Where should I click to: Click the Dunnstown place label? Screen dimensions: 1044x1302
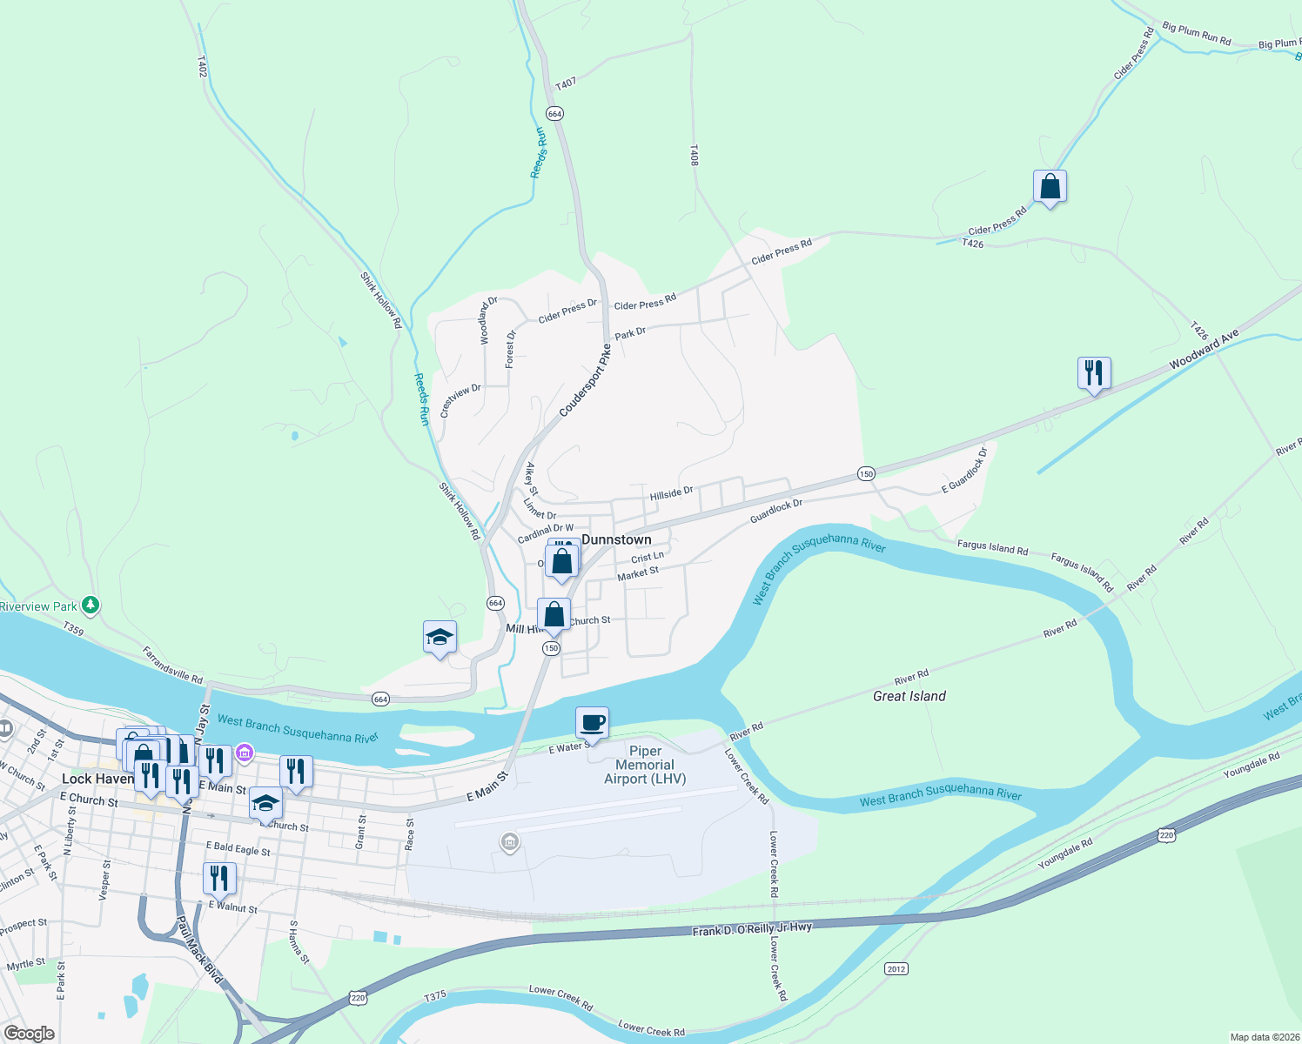pyautogui.click(x=616, y=539)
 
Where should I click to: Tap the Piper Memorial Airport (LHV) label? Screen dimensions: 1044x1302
pyautogui.click(x=645, y=765)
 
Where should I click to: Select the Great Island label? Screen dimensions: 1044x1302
pyautogui.click(x=909, y=696)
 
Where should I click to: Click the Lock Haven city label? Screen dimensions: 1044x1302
pyautogui.click(x=97, y=779)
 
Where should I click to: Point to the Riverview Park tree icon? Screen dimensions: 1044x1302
pyautogui.click(x=91, y=605)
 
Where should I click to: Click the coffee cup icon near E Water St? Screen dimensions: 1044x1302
pyautogui.click(x=592, y=722)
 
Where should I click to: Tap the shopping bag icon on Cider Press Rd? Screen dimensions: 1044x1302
pyautogui.click(x=1050, y=186)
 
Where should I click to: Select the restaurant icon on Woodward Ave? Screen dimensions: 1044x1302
pyautogui.click(x=1094, y=373)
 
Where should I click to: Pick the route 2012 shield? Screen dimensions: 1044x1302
pyautogui.click(x=896, y=968)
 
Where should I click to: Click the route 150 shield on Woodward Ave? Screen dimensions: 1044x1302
pyautogui.click(x=865, y=473)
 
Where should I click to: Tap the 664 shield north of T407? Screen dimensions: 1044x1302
pyautogui.click(x=554, y=114)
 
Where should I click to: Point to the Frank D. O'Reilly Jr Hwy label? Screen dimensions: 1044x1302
pyautogui.click(x=752, y=929)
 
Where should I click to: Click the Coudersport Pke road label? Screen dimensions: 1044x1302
pyautogui.click(x=585, y=380)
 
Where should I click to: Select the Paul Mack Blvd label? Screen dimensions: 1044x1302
pyautogui.click(x=199, y=949)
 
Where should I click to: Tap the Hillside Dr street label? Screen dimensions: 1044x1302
pyautogui.click(x=671, y=493)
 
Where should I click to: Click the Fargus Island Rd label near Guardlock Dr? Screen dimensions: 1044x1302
pyautogui.click(x=992, y=548)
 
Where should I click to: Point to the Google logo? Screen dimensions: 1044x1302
pyautogui.click(x=30, y=1034)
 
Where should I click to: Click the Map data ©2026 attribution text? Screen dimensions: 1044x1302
pyautogui.click(x=1264, y=1037)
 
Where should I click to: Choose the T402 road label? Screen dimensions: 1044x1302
pyautogui.click(x=202, y=67)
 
